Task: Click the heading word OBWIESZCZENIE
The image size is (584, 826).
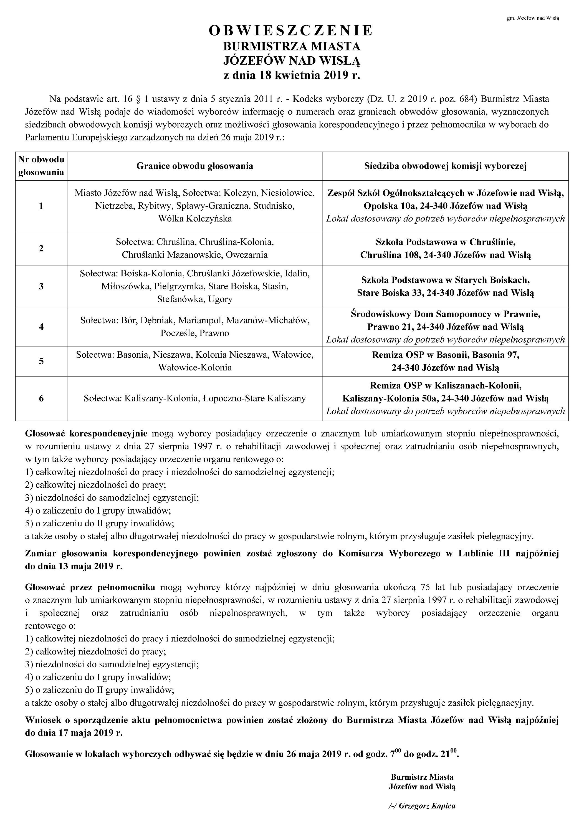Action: [x=291, y=31]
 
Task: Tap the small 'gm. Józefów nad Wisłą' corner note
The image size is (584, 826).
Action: [x=533, y=18]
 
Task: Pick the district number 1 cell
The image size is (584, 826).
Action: [x=41, y=206]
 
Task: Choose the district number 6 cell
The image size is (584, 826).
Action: [x=41, y=398]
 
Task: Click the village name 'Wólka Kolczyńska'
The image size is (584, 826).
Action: [x=195, y=218]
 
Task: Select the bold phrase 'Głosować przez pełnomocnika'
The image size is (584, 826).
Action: [x=90, y=587]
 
